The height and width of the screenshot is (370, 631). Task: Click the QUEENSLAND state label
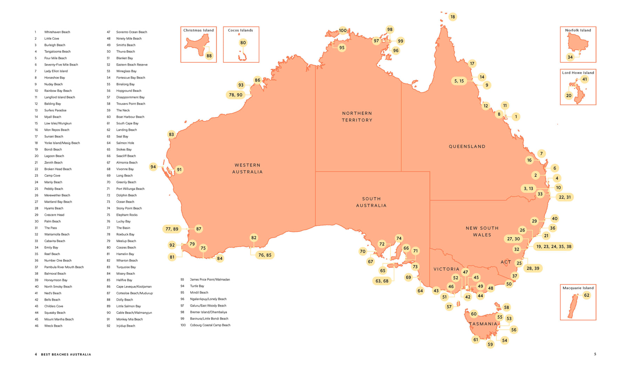pos(467,146)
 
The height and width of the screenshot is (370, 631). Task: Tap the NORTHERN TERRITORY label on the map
pos(357,117)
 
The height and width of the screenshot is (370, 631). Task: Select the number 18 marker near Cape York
pos(453,17)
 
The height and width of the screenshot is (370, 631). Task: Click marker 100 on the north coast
pos(343,30)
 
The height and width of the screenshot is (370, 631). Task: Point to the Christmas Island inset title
pos(198,30)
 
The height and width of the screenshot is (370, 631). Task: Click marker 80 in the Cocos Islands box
pos(243,43)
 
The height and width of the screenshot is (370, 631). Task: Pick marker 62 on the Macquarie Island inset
pos(586,295)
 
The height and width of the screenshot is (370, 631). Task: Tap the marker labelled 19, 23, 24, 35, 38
pos(554,247)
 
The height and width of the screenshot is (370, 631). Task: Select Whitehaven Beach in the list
pos(57,32)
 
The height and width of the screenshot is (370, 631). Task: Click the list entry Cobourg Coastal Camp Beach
pos(210,325)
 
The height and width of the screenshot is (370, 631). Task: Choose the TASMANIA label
pos(483,324)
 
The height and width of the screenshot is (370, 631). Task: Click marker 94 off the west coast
pos(153,167)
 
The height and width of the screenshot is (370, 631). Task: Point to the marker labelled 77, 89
pos(172,229)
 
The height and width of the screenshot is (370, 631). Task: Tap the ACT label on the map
pos(506,262)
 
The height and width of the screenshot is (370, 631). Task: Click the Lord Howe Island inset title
pos(578,73)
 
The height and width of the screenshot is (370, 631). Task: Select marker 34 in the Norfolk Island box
pos(570,57)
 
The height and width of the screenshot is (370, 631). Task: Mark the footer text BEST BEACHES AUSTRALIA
pos(66,355)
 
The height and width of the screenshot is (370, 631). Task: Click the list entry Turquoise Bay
pos(126,267)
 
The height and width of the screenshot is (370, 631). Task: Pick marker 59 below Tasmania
pos(490,344)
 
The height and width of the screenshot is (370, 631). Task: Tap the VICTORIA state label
pos(446,269)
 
